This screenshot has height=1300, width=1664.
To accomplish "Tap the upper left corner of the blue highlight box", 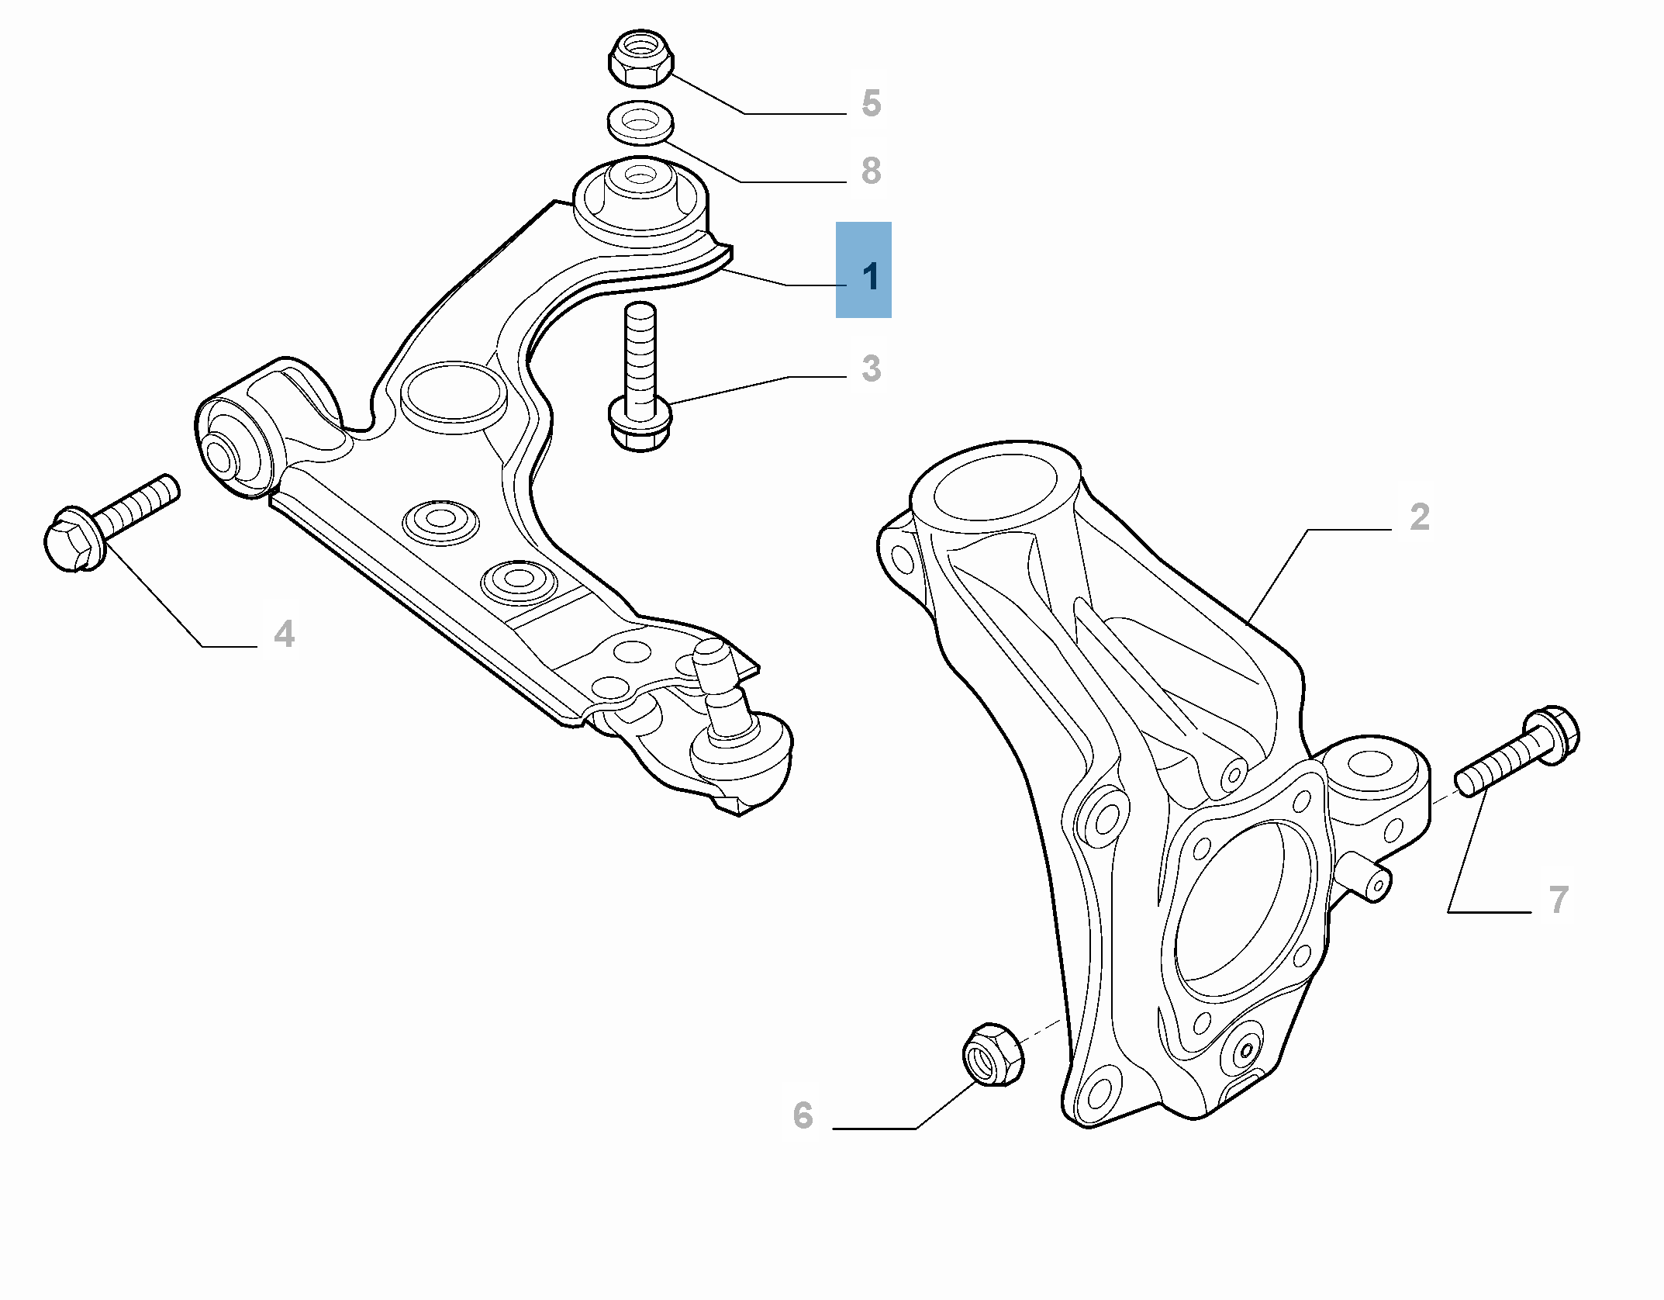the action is tap(836, 222).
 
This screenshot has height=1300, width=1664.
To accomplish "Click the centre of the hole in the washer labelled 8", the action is tap(640, 121).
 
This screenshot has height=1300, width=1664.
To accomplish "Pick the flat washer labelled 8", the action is tap(640, 123).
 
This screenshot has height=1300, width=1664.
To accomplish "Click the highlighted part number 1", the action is tap(871, 277).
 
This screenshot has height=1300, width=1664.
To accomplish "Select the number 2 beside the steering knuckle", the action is tap(1419, 517).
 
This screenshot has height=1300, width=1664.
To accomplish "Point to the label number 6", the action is tap(803, 1115).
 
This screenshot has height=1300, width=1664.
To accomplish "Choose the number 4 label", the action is tap(284, 634).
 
